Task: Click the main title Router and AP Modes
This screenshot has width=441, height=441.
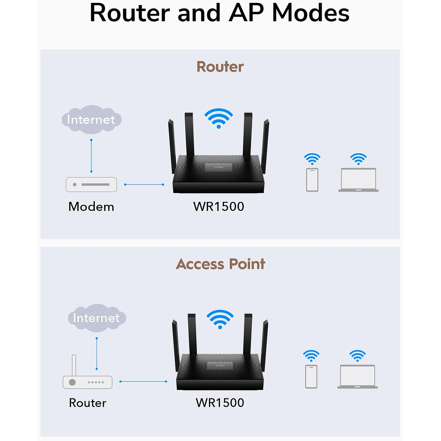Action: (219, 13)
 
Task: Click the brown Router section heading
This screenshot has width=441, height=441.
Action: (220, 67)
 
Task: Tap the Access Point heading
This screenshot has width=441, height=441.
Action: (220, 264)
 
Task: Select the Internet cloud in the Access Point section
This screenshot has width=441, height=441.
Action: (96, 318)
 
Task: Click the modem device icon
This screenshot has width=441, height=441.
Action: (91, 184)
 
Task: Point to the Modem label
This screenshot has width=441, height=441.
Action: (91, 206)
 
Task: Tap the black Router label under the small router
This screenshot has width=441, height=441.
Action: (87, 403)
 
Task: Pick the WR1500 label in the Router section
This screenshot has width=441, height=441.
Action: (219, 206)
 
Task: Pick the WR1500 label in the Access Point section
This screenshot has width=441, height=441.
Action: (220, 403)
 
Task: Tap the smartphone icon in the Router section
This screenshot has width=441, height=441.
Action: (312, 179)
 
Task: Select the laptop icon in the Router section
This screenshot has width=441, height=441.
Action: (358, 180)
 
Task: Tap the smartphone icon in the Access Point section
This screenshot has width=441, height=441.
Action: (311, 376)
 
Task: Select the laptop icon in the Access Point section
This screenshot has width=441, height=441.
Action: (358, 376)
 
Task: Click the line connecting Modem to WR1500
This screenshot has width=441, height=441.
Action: (144, 185)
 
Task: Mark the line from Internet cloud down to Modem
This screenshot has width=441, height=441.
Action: (91, 156)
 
